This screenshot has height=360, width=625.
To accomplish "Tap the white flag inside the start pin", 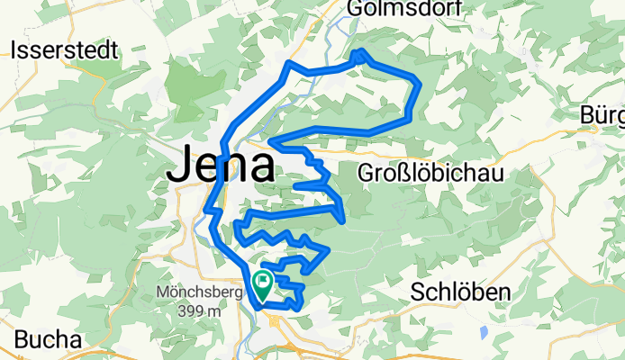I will pyautogui.click(x=262, y=282).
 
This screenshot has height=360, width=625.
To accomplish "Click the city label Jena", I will pyautogui.click(x=222, y=165).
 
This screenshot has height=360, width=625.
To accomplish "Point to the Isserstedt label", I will pyautogui.click(x=65, y=50).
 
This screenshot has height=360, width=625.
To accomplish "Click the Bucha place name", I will pyautogui.click(x=48, y=339).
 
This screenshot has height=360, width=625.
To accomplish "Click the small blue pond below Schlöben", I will pyautogui.click(x=485, y=332).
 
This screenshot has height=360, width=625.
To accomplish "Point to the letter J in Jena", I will pyautogui.click(x=181, y=165).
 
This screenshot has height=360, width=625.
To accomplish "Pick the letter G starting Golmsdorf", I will pyautogui.click(x=356, y=9).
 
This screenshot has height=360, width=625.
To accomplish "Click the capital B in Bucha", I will pyautogui.click(x=22, y=339).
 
